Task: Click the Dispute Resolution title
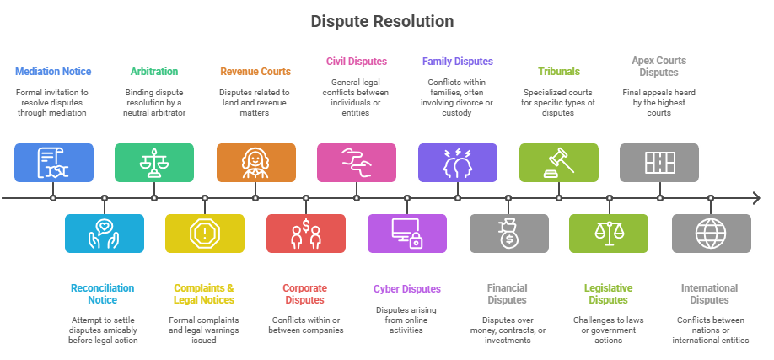382,21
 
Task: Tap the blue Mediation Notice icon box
54,163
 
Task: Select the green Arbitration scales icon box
154,163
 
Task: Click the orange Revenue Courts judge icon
255,163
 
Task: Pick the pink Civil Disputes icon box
357,163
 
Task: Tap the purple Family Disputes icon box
458,163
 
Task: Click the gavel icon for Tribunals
559,163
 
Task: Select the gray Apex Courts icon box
659,163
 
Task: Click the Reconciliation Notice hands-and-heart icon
105,234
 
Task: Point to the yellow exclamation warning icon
205,234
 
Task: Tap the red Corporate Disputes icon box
306,234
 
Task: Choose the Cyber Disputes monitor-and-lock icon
407,234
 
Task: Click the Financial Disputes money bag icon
508,234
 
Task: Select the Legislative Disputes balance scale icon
609,234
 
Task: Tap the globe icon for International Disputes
711,234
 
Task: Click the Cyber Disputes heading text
407,289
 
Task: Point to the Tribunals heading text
558,72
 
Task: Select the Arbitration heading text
154,72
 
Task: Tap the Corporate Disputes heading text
305,293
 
